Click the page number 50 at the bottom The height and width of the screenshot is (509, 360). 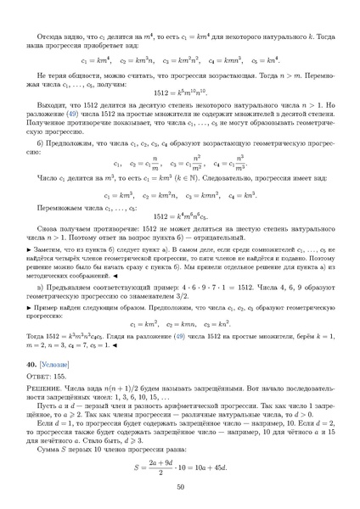click(180, 486)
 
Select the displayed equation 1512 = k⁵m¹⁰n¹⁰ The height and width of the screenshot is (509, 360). click(180, 92)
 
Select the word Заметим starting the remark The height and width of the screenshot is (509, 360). click(48, 251)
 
